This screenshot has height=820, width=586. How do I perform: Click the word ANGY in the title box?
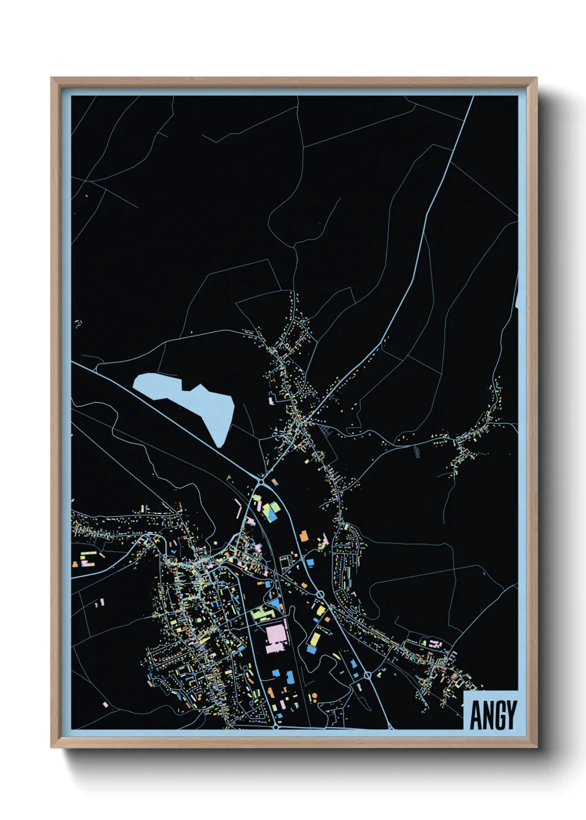click(494, 714)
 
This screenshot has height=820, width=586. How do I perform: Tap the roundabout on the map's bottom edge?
click(275, 726)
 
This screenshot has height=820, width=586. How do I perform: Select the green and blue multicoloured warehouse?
click(270, 511)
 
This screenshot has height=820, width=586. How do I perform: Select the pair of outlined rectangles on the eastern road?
click(417, 452)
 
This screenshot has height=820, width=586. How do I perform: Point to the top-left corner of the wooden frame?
click(52, 79)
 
